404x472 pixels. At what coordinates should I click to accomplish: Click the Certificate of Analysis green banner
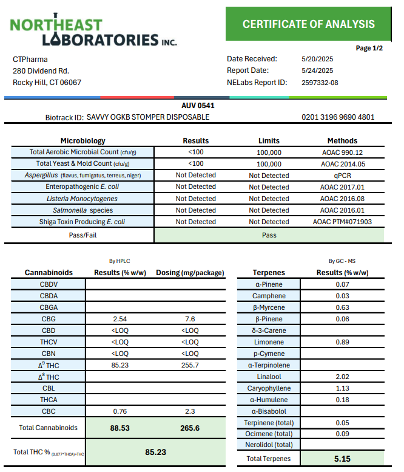point(309,24)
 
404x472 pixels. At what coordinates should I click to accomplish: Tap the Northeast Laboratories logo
point(93,32)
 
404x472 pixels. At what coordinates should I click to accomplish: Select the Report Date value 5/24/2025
point(317,70)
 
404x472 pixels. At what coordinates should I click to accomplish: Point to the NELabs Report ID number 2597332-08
point(320,82)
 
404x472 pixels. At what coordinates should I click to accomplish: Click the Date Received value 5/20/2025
point(317,59)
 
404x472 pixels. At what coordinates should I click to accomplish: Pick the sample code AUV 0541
point(198,106)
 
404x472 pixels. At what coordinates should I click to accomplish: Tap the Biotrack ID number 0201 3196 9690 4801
point(337,117)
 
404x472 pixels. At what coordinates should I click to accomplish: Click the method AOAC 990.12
point(342,152)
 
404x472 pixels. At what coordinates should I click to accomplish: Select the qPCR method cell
point(342,176)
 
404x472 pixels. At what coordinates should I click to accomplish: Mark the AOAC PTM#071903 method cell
point(342,222)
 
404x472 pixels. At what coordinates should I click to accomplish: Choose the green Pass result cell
point(269,234)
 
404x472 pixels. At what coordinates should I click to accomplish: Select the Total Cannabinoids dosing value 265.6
point(190,428)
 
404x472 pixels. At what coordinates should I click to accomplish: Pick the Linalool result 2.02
point(342,377)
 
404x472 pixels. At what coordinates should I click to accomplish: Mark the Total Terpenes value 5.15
point(342,459)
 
